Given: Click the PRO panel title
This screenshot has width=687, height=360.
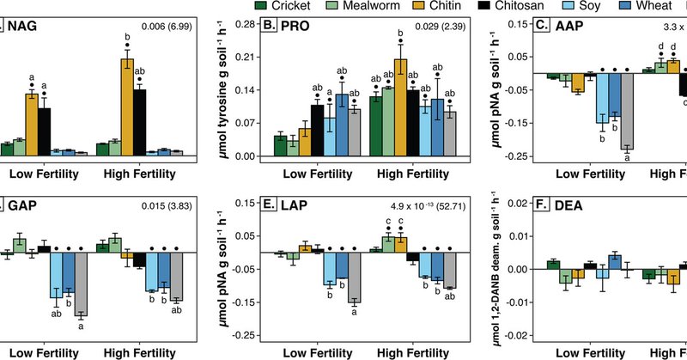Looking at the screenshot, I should pos(295,27).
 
